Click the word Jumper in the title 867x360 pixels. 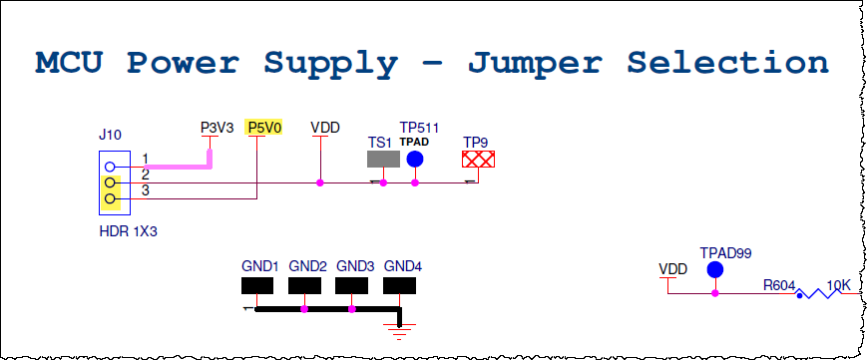[x=532, y=63]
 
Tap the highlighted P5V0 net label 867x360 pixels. [x=265, y=128]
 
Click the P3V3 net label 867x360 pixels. [x=217, y=128]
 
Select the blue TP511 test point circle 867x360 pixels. [x=415, y=159]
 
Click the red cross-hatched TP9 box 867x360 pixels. [x=479, y=160]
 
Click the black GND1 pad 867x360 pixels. [x=256, y=286]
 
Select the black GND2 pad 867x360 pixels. [x=304, y=286]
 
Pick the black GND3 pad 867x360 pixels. [x=351, y=286]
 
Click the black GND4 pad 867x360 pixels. [x=399, y=286]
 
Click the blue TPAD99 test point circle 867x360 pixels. [x=715, y=271]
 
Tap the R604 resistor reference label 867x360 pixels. [x=778, y=286]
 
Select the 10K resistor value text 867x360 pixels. [x=839, y=286]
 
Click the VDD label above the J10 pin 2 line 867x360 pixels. [x=325, y=128]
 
